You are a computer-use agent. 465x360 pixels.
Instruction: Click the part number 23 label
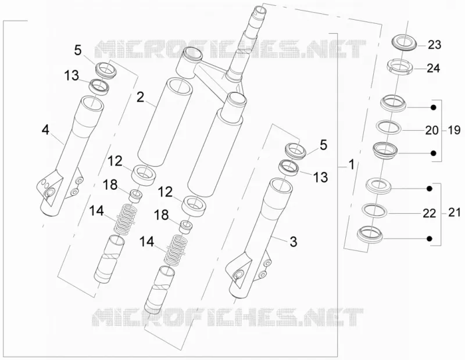pyautogui.click(x=434, y=45)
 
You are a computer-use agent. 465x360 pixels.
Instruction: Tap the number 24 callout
pyautogui.click(x=433, y=69)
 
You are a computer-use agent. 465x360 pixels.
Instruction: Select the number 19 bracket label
pyautogui.click(x=454, y=130)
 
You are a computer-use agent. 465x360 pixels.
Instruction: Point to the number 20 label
pyautogui.click(x=432, y=131)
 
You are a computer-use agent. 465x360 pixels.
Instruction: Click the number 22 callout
pyautogui.click(x=429, y=213)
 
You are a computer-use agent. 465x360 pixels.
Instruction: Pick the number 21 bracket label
pyautogui.click(x=455, y=213)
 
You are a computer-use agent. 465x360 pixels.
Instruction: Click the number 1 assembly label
pyautogui.click(x=352, y=164)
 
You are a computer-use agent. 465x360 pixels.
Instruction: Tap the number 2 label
pyautogui.click(x=140, y=97)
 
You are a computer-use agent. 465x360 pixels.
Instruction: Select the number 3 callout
pyautogui.click(x=293, y=242)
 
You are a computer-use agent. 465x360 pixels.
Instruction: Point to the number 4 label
pyautogui.click(x=45, y=130)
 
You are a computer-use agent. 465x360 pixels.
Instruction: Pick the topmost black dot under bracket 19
pyautogui.click(x=434, y=107)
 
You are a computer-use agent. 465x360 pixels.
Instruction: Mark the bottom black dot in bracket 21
pyautogui.click(x=430, y=239)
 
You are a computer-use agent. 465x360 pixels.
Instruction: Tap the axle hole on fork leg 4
pyautogui.click(x=49, y=193)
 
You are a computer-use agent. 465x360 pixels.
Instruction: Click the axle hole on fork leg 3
pyautogui.click(x=238, y=275)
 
